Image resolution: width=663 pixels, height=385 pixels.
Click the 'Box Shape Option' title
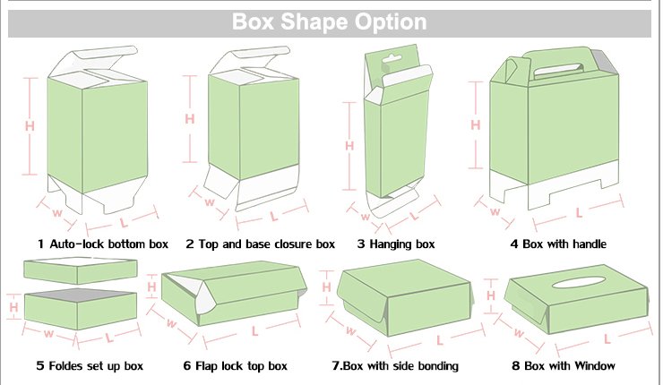330,21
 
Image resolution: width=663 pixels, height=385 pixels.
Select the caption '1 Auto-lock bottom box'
103,244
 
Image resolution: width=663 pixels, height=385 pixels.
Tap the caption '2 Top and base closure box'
260,244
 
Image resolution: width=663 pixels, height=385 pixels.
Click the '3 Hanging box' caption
395,244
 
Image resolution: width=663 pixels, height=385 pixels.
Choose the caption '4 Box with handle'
558,244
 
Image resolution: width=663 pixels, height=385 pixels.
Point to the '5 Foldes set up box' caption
90,365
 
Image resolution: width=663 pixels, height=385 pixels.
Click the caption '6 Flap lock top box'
236,365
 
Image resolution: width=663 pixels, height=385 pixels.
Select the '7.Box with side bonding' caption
395,365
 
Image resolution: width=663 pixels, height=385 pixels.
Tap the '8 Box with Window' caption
564,365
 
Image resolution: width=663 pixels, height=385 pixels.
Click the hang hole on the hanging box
387,65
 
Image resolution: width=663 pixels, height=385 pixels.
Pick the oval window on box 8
581,283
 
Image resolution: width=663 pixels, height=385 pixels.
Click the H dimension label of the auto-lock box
30,126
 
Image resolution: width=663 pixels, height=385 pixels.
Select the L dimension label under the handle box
580,212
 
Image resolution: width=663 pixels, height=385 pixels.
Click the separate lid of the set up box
81,270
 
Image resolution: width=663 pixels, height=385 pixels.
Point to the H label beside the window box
490,295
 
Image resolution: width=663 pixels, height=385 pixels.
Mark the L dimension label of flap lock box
255,331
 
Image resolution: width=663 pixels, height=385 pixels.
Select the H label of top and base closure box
189,118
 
